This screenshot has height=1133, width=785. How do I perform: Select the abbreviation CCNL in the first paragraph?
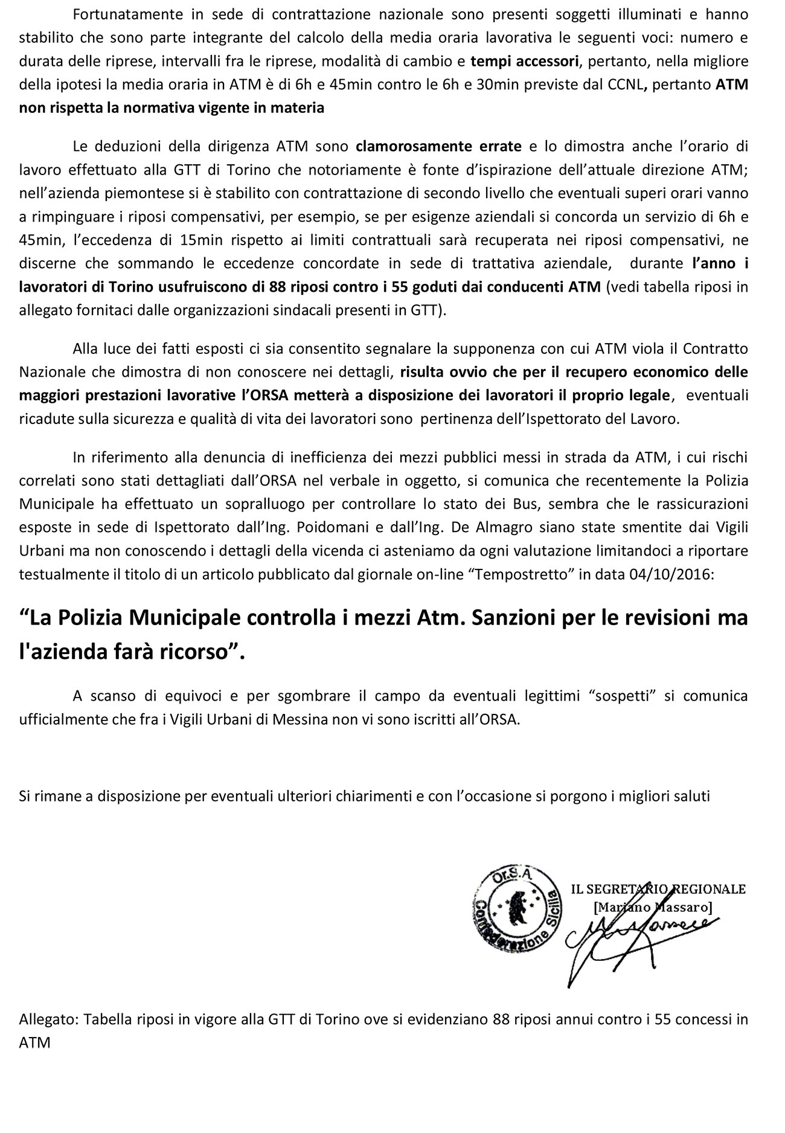pyautogui.click(x=623, y=85)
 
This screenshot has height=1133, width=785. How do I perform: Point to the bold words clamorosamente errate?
pyautogui.click(x=438, y=146)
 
